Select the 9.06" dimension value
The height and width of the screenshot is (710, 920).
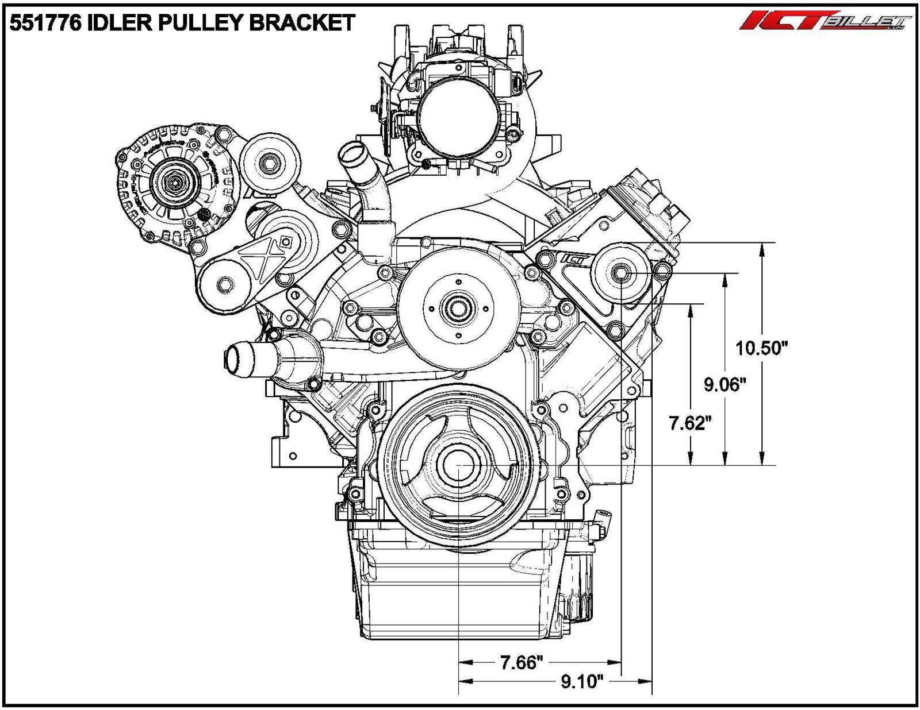click(x=725, y=384)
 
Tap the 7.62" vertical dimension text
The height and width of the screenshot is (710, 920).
click(x=690, y=424)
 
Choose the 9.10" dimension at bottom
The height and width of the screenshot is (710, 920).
click(x=582, y=682)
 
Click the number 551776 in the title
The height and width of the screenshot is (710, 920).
click(x=43, y=23)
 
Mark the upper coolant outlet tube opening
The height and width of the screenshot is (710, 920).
click(x=348, y=153)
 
